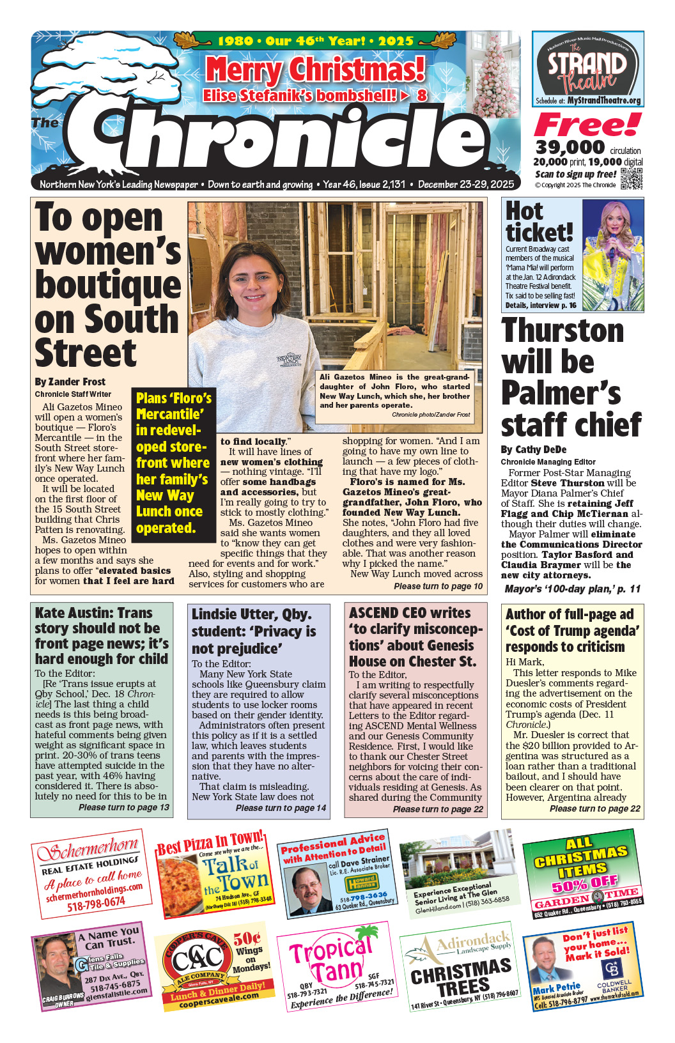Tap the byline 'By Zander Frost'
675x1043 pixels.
pos(70,382)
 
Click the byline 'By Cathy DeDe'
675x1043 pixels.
pos(534,449)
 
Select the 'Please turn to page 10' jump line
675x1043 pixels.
pos(438,586)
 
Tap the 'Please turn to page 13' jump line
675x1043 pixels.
pos(124,807)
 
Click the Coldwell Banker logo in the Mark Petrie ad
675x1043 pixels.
pos(612,972)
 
